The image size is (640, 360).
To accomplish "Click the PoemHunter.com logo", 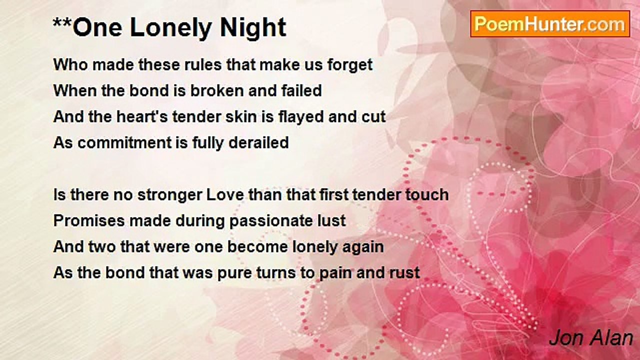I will pos(549,24).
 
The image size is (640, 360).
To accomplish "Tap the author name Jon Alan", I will pos(591,338).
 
